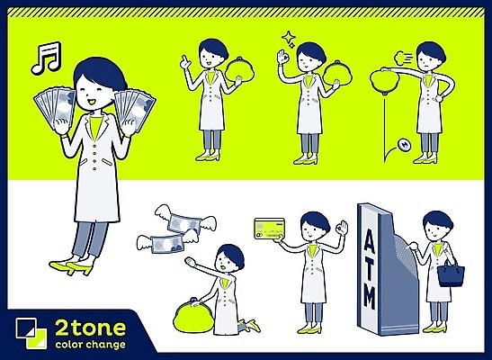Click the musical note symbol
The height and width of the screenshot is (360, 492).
pyautogui.click(x=46, y=58)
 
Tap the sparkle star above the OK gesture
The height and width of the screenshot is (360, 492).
pyautogui.click(x=289, y=39)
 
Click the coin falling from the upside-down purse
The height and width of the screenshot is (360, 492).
pyautogui.click(x=405, y=145)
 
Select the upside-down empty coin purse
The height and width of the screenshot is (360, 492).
pyautogui.click(x=385, y=81)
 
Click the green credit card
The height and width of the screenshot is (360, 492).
pyautogui.click(x=270, y=229)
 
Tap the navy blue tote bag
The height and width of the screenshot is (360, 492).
pyautogui.click(x=451, y=274)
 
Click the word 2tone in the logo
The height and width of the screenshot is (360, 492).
pyautogui.click(x=90, y=328)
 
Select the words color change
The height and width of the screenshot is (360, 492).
pyautogui.click(x=90, y=345)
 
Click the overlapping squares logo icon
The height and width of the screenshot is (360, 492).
pyautogui.click(x=31, y=333)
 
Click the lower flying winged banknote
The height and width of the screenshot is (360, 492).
pyautogui.click(x=167, y=242)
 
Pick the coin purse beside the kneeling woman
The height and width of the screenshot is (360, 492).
pyautogui.click(x=192, y=315)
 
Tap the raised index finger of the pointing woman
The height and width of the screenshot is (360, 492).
pyautogui.click(x=184, y=58)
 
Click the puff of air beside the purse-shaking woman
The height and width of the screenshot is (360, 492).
pyautogui.click(x=401, y=57)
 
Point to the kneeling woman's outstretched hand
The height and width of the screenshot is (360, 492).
pyautogui.click(x=190, y=261)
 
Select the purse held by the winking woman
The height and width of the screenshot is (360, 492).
pyautogui.click(x=337, y=73)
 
